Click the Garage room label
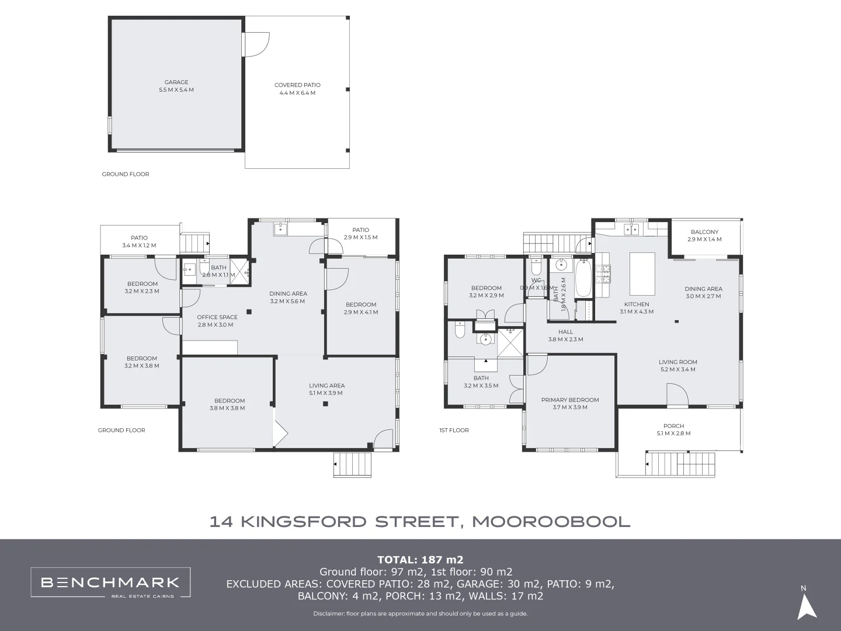pyautogui.click(x=176, y=86)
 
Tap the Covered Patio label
pyautogui.click(x=297, y=89)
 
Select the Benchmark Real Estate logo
pyautogui.click(x=110, y=583)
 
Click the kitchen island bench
pyautogui.click(x=642, y=273)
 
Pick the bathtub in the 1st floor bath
pyautogui.click(x=583, y=280)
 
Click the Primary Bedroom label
pyautogui.click(x=569, y=403)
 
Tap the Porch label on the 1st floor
pyautogui.click(x=673, y=429)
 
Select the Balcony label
pyautogui.click(x=704, y=235)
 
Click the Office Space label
pyautogui.click(x=217, y=321)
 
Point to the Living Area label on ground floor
pyautogui.click(x=326, y=389)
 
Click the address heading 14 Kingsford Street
pyautogui.click(x=420, y=521)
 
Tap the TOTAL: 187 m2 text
pyautogui.click(x=420, y=560)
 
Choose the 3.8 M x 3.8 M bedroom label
pyautogui.click(x=227, y=404)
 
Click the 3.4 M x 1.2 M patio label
pyautogui.click(x=139, y=242)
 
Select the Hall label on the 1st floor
pyautogui.click(x=565, y=335)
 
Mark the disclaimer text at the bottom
pyautogui.click(x=420, y=613)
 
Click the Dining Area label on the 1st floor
pyautogui.click(x=703, y=292)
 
